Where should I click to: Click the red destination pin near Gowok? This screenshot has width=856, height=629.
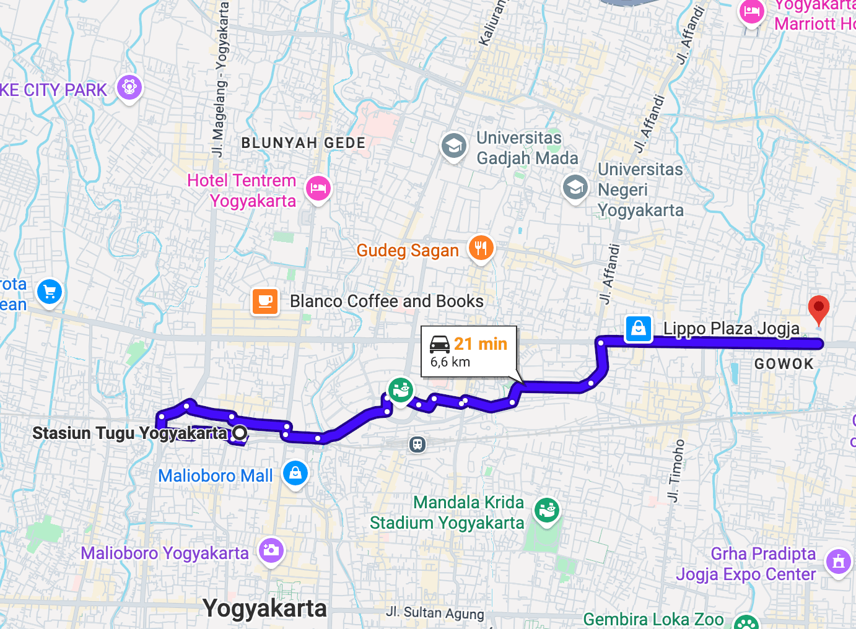[x=818, y=308]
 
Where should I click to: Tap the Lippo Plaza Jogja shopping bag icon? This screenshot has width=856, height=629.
[x=639, y=328]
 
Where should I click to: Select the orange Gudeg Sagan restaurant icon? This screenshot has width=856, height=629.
[x=481, y=248]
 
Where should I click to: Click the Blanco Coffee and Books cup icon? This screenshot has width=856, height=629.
[x=265, y=301]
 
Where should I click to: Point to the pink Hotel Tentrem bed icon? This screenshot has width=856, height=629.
[x=318, y=188]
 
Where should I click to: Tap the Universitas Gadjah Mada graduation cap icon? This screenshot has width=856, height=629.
[x=454, y=146]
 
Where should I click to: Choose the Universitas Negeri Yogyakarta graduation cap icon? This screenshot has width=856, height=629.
[x=575, y=186]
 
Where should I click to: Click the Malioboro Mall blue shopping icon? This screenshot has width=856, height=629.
[x=295, y=473]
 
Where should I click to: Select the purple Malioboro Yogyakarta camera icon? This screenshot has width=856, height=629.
[x=271, y=550]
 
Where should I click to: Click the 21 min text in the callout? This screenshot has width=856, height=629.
[x=480, y=344]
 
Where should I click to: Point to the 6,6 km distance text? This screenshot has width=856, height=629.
[x=450, y=362]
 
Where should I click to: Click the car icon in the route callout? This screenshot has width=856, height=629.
[x=440, y=344]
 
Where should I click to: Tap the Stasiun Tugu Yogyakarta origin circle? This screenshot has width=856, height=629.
[x=239, y=433]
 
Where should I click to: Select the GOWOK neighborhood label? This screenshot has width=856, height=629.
[x=784, y=364]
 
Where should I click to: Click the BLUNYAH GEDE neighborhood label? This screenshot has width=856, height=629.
[x=304, y=143]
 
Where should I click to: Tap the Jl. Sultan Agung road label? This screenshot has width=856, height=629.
[x=435, y=613]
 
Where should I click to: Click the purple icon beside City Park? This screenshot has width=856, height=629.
[x=129, y=87]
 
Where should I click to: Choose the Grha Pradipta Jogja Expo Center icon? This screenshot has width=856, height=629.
[x=839, y=562]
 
